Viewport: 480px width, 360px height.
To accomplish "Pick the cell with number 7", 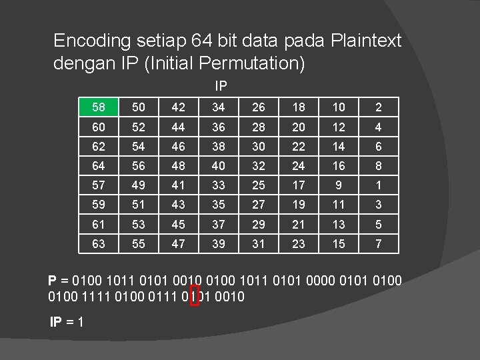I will [x=379, y=245].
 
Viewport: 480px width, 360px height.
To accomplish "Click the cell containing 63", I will [x=98, y=245].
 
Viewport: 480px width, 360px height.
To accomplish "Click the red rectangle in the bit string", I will [x=195, y=297].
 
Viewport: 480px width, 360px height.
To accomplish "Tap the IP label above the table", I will [x=221, y=86].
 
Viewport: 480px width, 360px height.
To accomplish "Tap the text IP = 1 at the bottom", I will [x=67, y=322].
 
